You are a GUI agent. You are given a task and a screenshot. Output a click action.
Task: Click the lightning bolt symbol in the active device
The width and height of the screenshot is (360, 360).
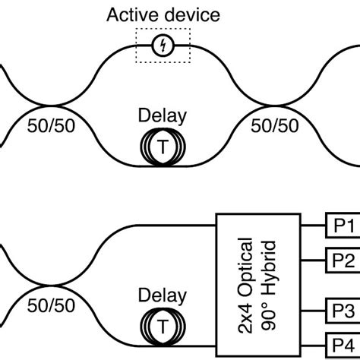pos(163,46)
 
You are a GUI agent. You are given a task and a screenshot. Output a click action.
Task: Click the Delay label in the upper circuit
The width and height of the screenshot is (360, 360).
pos(162,116)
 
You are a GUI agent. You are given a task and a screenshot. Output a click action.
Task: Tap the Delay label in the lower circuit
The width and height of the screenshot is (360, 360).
pos(162,292)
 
